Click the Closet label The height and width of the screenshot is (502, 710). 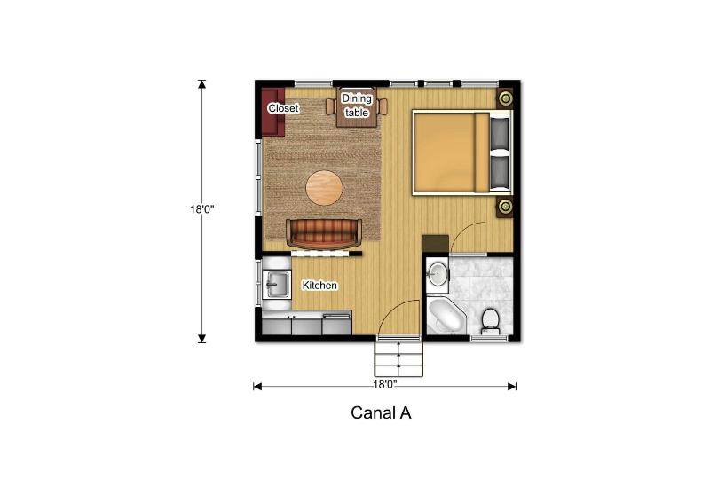283,108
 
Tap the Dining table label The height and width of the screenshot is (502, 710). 357,106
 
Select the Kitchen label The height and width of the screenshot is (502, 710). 319,286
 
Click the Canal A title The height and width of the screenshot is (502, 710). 381,412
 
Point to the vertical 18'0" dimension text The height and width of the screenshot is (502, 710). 202,209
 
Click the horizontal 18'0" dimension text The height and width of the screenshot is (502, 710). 385,385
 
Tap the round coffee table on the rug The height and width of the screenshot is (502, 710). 324,188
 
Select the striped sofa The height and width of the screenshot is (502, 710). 324,233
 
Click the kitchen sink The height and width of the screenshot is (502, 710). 277,285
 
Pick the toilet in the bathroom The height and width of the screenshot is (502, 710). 490,321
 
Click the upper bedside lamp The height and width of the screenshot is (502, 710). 505,98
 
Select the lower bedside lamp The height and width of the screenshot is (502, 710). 505,207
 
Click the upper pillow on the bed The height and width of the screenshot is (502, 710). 500,133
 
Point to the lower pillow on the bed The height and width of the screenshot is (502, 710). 500,172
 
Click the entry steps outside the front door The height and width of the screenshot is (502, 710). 398,358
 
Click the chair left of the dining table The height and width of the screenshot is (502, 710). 330,106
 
